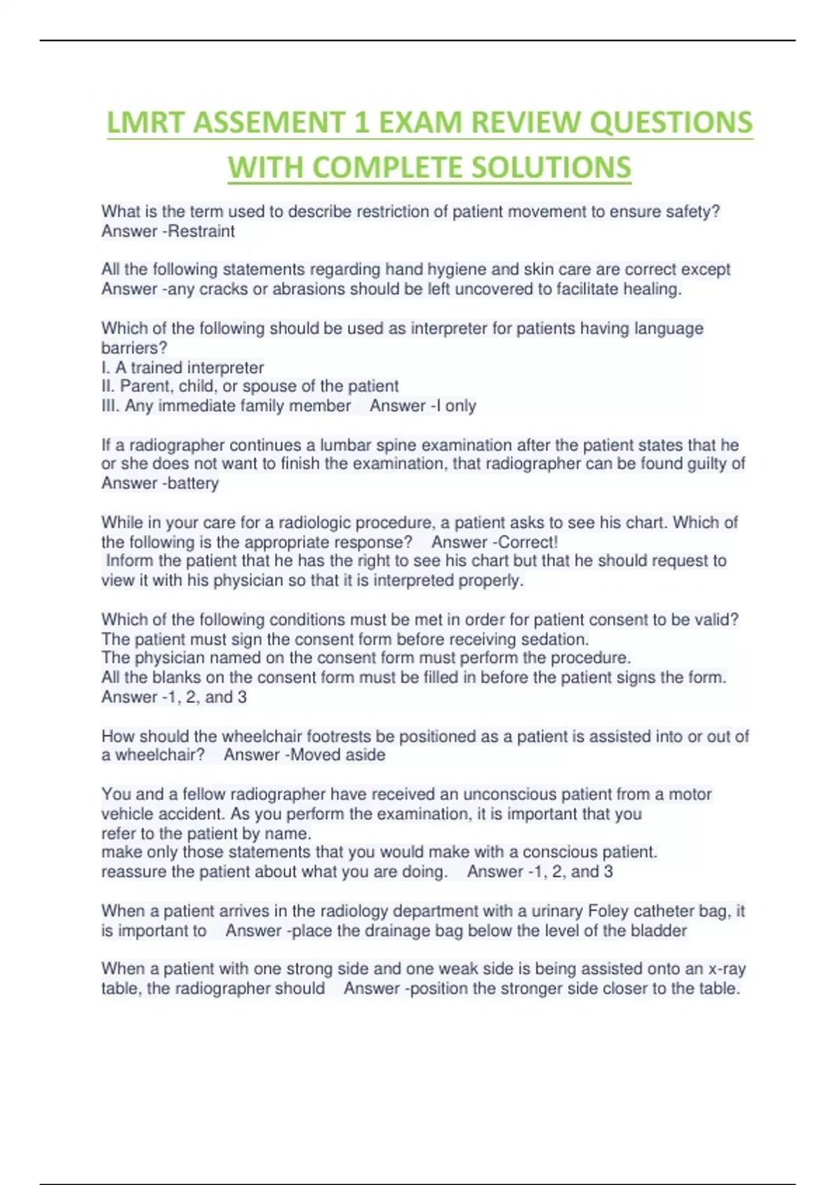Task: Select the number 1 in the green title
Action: (361, 123)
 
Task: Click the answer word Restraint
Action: (201, 231)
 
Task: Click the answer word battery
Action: (192, 483)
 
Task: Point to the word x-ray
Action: (727, 969)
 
